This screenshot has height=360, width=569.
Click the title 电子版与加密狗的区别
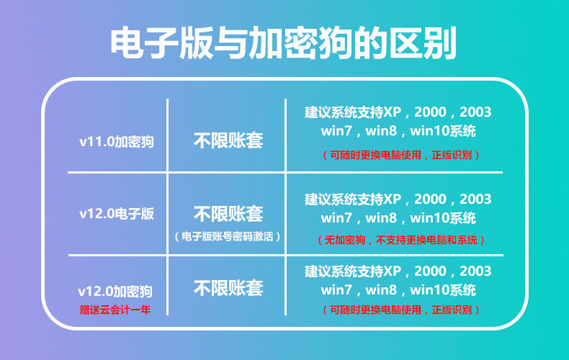point(283,42)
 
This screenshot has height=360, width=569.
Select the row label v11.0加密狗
point(117,142)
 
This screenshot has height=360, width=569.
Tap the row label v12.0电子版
point(117,213)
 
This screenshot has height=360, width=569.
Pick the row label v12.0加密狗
point(115,291)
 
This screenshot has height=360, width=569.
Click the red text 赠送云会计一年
point(115,310)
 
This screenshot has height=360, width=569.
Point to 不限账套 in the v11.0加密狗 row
point(228,140)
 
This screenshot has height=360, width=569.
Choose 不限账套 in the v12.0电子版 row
point(228,213)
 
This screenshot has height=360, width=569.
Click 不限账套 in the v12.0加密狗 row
point(228,288)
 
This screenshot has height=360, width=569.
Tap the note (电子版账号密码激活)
point(228,237)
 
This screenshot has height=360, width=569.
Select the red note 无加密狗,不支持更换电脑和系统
point(401,240)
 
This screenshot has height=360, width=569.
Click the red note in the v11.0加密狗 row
point(401,155)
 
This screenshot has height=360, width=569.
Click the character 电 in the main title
point(127,42)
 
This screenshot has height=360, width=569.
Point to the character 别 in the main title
point(440,42)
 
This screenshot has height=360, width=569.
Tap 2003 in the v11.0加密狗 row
point(475,112)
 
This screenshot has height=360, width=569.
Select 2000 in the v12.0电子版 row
point(430,199)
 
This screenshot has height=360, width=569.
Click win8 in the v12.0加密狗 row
point(381,290)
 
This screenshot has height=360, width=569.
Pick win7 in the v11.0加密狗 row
point(336,131)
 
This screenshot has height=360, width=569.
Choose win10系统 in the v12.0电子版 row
point(443,218)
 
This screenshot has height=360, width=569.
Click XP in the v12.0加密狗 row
point(392,271)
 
